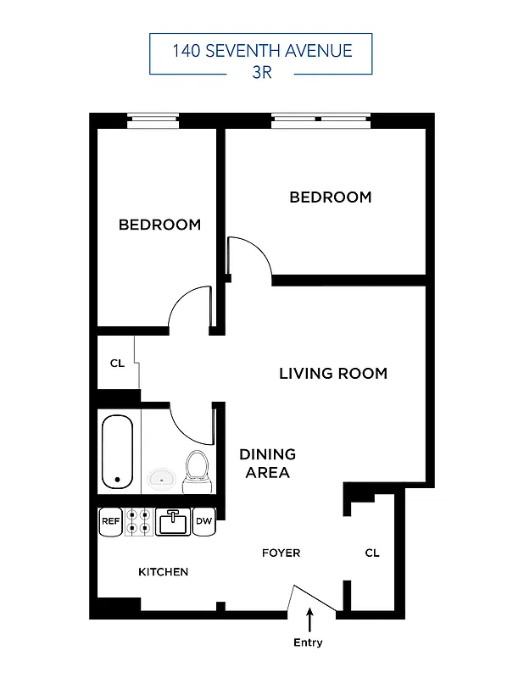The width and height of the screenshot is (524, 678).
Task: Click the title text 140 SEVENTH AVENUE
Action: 261,51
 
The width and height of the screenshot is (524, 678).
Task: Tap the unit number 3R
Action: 261,72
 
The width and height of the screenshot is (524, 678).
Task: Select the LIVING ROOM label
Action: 333,373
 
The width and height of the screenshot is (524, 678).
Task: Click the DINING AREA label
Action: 267,464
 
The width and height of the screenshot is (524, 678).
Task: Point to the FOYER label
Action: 281,553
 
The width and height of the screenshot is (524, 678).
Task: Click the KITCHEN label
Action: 163,572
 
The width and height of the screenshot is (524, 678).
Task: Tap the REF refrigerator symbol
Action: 111,522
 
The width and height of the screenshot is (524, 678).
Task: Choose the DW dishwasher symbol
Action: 203,522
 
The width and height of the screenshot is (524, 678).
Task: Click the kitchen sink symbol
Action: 171,522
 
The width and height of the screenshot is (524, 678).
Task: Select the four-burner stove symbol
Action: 140,522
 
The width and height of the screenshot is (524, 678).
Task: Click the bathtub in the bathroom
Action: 118,451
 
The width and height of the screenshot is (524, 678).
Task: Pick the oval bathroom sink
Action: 160,479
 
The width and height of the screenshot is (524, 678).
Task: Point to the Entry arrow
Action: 309,619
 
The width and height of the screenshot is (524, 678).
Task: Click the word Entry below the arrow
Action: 308,642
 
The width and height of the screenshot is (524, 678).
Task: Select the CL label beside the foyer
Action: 372,553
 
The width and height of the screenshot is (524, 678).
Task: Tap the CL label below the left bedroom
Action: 117,364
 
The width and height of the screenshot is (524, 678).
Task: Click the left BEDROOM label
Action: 159,225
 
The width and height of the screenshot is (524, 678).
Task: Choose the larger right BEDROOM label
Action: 331,197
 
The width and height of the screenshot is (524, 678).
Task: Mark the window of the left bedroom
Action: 153,121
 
